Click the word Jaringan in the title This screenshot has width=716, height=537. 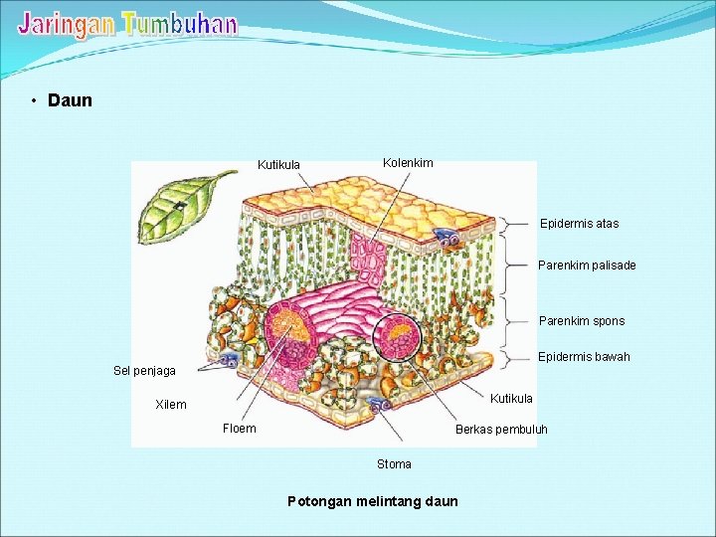[x=66, y=24]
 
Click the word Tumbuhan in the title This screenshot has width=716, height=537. [x=180, y=24]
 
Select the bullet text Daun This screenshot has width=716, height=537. [x=70, y=100]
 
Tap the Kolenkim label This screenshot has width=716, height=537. [x=408, y=162]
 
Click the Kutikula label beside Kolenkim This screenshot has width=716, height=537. [x=278, y=165]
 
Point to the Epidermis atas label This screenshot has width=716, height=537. [x=579, y=224]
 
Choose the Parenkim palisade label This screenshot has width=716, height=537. [x=587, y=266]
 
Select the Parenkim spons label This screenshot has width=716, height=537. [x=582, y=321]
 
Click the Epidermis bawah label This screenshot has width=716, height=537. [x=584, y=357]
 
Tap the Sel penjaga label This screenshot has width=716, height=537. [x=144, y=371]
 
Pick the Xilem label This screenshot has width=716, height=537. [x=171, y=405]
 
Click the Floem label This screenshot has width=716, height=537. [x=240, y=429]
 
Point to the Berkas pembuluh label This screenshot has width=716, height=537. [x=501, y=431]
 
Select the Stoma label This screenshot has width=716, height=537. [x=394, y=464]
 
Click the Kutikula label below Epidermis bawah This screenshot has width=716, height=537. [x=511, y=399]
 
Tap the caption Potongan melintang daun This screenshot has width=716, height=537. [x=373, y=501]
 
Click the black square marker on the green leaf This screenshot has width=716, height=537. [x=177, y=206]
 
